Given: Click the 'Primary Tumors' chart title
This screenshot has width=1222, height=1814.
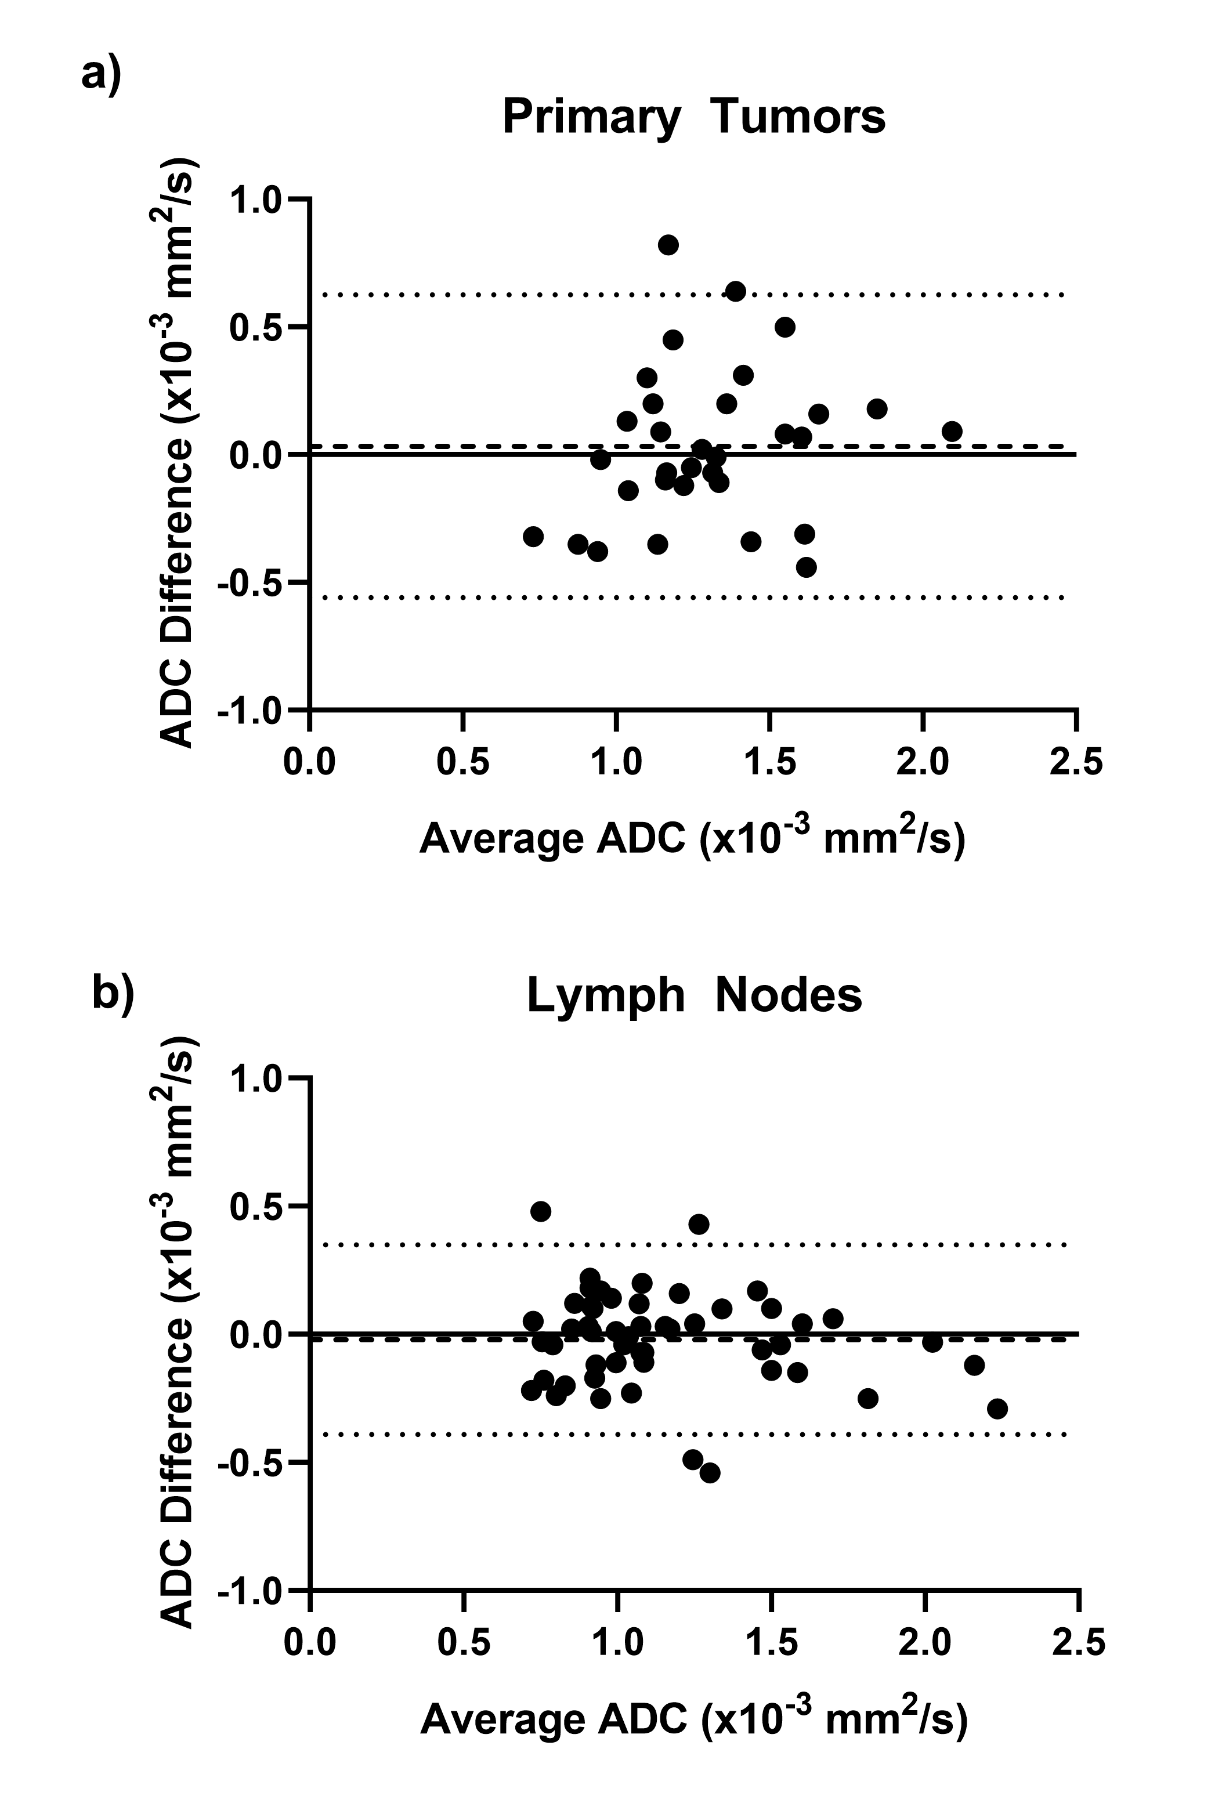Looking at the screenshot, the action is (x=693, y=117).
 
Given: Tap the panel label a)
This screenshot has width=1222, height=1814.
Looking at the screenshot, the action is (x=102, y=77).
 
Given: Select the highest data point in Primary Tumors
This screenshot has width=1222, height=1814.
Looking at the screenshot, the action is (x=668, y=245).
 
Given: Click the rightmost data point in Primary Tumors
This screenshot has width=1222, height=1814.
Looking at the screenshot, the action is (x=952, y=431).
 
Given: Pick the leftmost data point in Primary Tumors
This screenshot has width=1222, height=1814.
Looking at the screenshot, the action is (x=533, y=536).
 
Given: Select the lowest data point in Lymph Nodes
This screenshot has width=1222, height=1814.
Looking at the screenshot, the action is (x=710, y=1473).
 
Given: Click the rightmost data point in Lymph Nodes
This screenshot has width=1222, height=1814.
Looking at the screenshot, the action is (x=997, y=1409).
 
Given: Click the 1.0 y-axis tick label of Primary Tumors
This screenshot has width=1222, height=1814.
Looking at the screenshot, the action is (x=255, y=200).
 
